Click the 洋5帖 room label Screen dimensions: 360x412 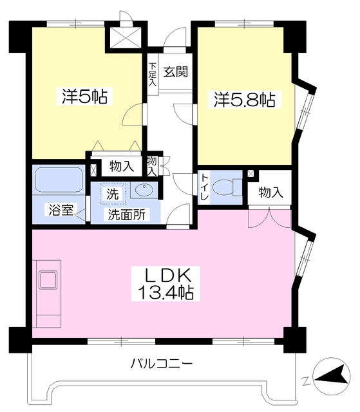[84, 97]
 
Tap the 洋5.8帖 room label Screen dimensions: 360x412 [244, 99]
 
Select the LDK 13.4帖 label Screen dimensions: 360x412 [166, 284]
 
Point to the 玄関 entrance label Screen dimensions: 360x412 [176, 71]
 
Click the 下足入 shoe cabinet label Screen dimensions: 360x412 [153, 74]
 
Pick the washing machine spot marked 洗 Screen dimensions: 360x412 [113, 194]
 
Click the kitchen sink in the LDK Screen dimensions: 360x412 [48, 280]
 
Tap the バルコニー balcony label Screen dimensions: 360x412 [162, 364]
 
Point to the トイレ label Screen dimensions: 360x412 [205, 187]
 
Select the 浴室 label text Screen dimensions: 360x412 [61, 210]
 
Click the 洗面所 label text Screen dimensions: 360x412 [127, 214]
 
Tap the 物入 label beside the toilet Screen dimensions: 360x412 [271, 192]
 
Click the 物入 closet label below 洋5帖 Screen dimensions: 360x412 [122, 166]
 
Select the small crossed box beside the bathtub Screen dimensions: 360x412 [93, 170]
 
